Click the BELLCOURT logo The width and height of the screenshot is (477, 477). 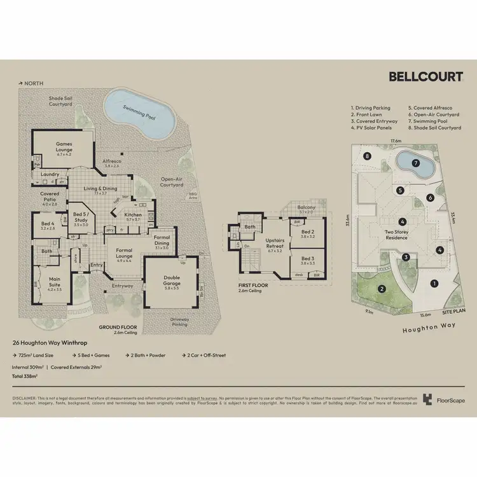[425, 77]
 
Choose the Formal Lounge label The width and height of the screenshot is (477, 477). [125, 252]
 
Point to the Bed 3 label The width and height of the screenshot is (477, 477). [308, 261]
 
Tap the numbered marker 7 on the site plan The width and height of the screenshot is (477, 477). [416, 163]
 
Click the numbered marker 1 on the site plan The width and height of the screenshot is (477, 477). [434, 283]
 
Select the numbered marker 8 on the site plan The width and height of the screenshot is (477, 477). [366, 156]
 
